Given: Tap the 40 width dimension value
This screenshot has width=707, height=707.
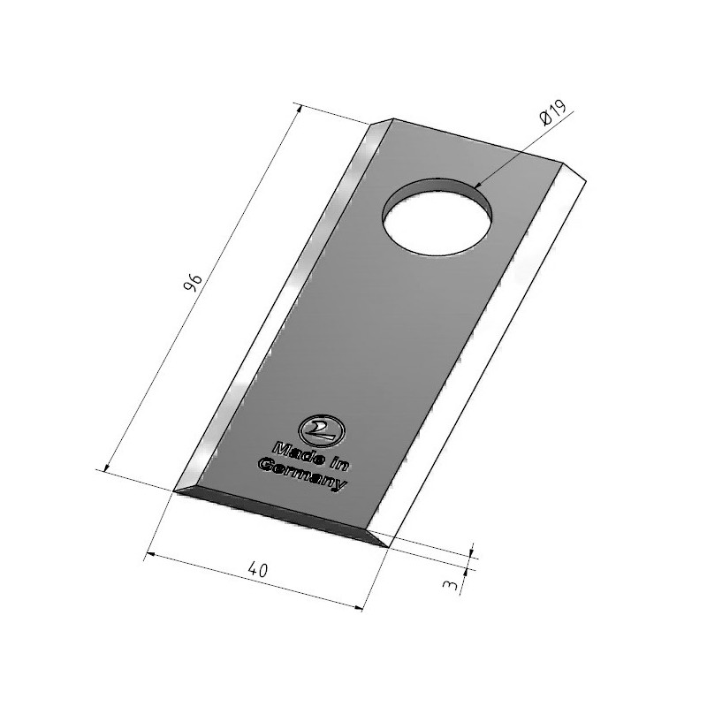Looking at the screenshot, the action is click(x=258, y=570).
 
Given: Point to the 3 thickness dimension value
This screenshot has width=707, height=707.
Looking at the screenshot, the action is click(x=451, y=585).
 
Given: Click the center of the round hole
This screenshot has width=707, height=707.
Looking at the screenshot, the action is click(x=437, y=217).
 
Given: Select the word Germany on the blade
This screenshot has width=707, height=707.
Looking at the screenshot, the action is click(x=302, y=475).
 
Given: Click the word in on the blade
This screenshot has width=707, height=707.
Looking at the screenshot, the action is click(x=340, y=463).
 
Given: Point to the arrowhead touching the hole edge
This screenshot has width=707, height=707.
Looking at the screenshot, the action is click(x=477, y=186).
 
